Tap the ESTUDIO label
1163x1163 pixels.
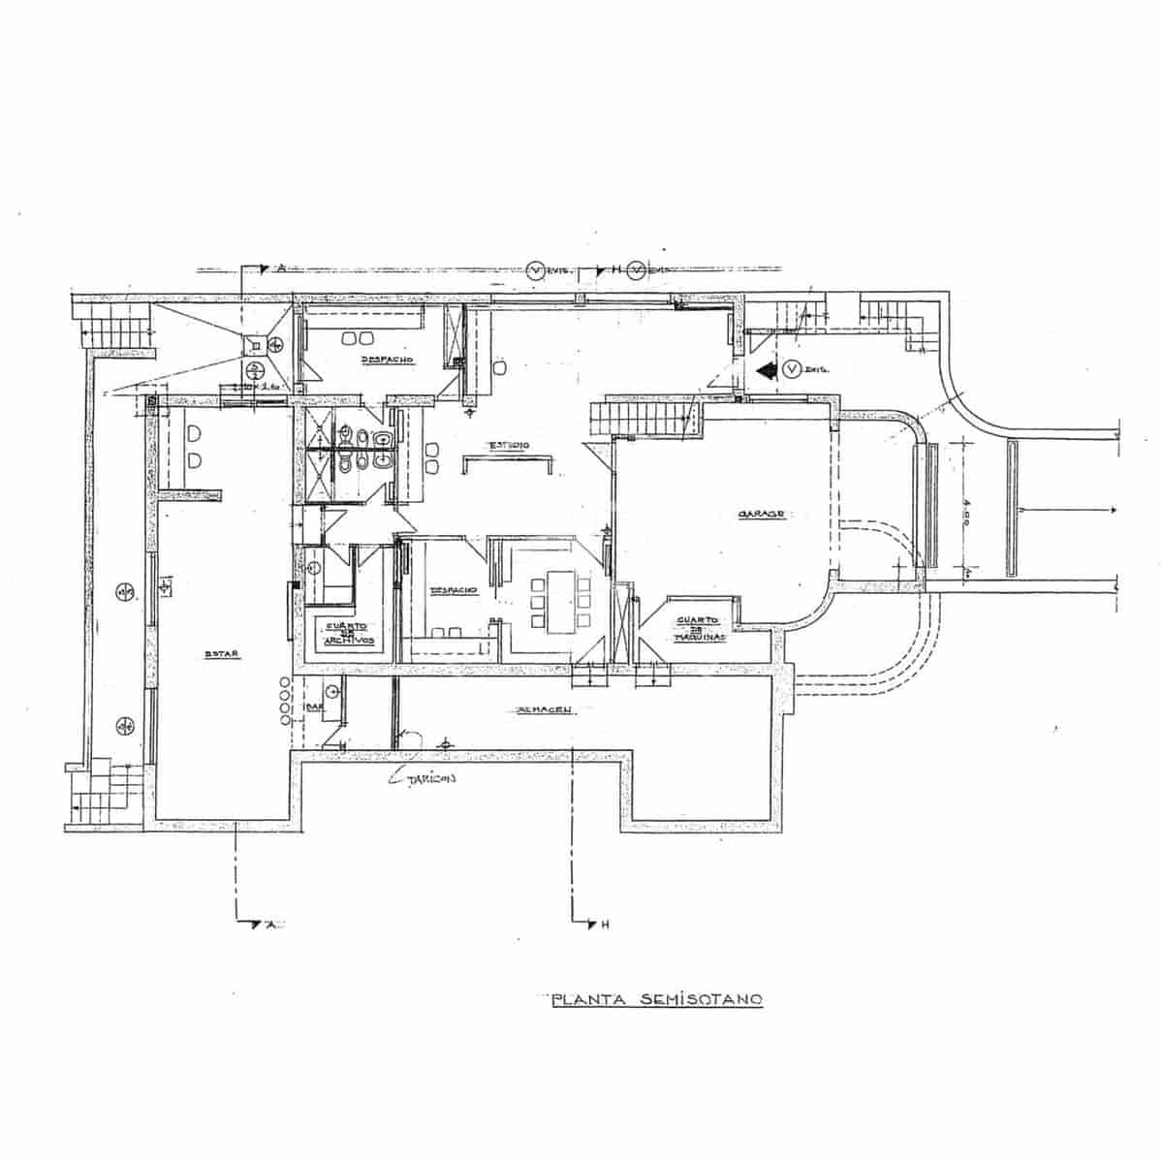click(508, 445)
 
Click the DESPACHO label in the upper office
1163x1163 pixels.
click(387, 360)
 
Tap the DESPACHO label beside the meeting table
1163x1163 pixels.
click(452, 589)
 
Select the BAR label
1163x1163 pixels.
click(314, 707)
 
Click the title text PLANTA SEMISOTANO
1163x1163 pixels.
click(657, 1000)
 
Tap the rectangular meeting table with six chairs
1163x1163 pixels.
click(561, 601)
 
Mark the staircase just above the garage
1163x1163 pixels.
click(643, 421)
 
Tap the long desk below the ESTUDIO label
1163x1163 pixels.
click(508, 464)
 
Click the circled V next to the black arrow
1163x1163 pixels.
click(792, 369)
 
